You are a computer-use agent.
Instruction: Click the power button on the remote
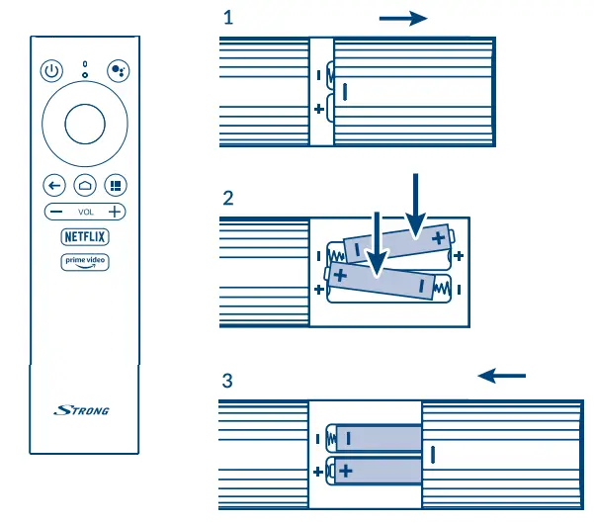coord(53,71)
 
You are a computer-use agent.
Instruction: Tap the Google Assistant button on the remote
coord(116,71)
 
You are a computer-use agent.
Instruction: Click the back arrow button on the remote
coord(53,185)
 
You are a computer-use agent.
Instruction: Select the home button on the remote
coord(84,185)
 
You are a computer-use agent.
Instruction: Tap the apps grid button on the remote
coord(116,185)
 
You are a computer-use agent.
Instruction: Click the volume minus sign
coord(56,212)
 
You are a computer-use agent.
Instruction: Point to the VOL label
coord(85,213)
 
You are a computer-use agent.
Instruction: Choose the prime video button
coord(85,262)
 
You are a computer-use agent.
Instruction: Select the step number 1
coord(228,18)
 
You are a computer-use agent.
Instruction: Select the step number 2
coord(228,197)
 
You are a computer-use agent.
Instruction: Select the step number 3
coord(228,380)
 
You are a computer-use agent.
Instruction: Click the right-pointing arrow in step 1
coord(402,18)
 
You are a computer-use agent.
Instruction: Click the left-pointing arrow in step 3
coord(502,376)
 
